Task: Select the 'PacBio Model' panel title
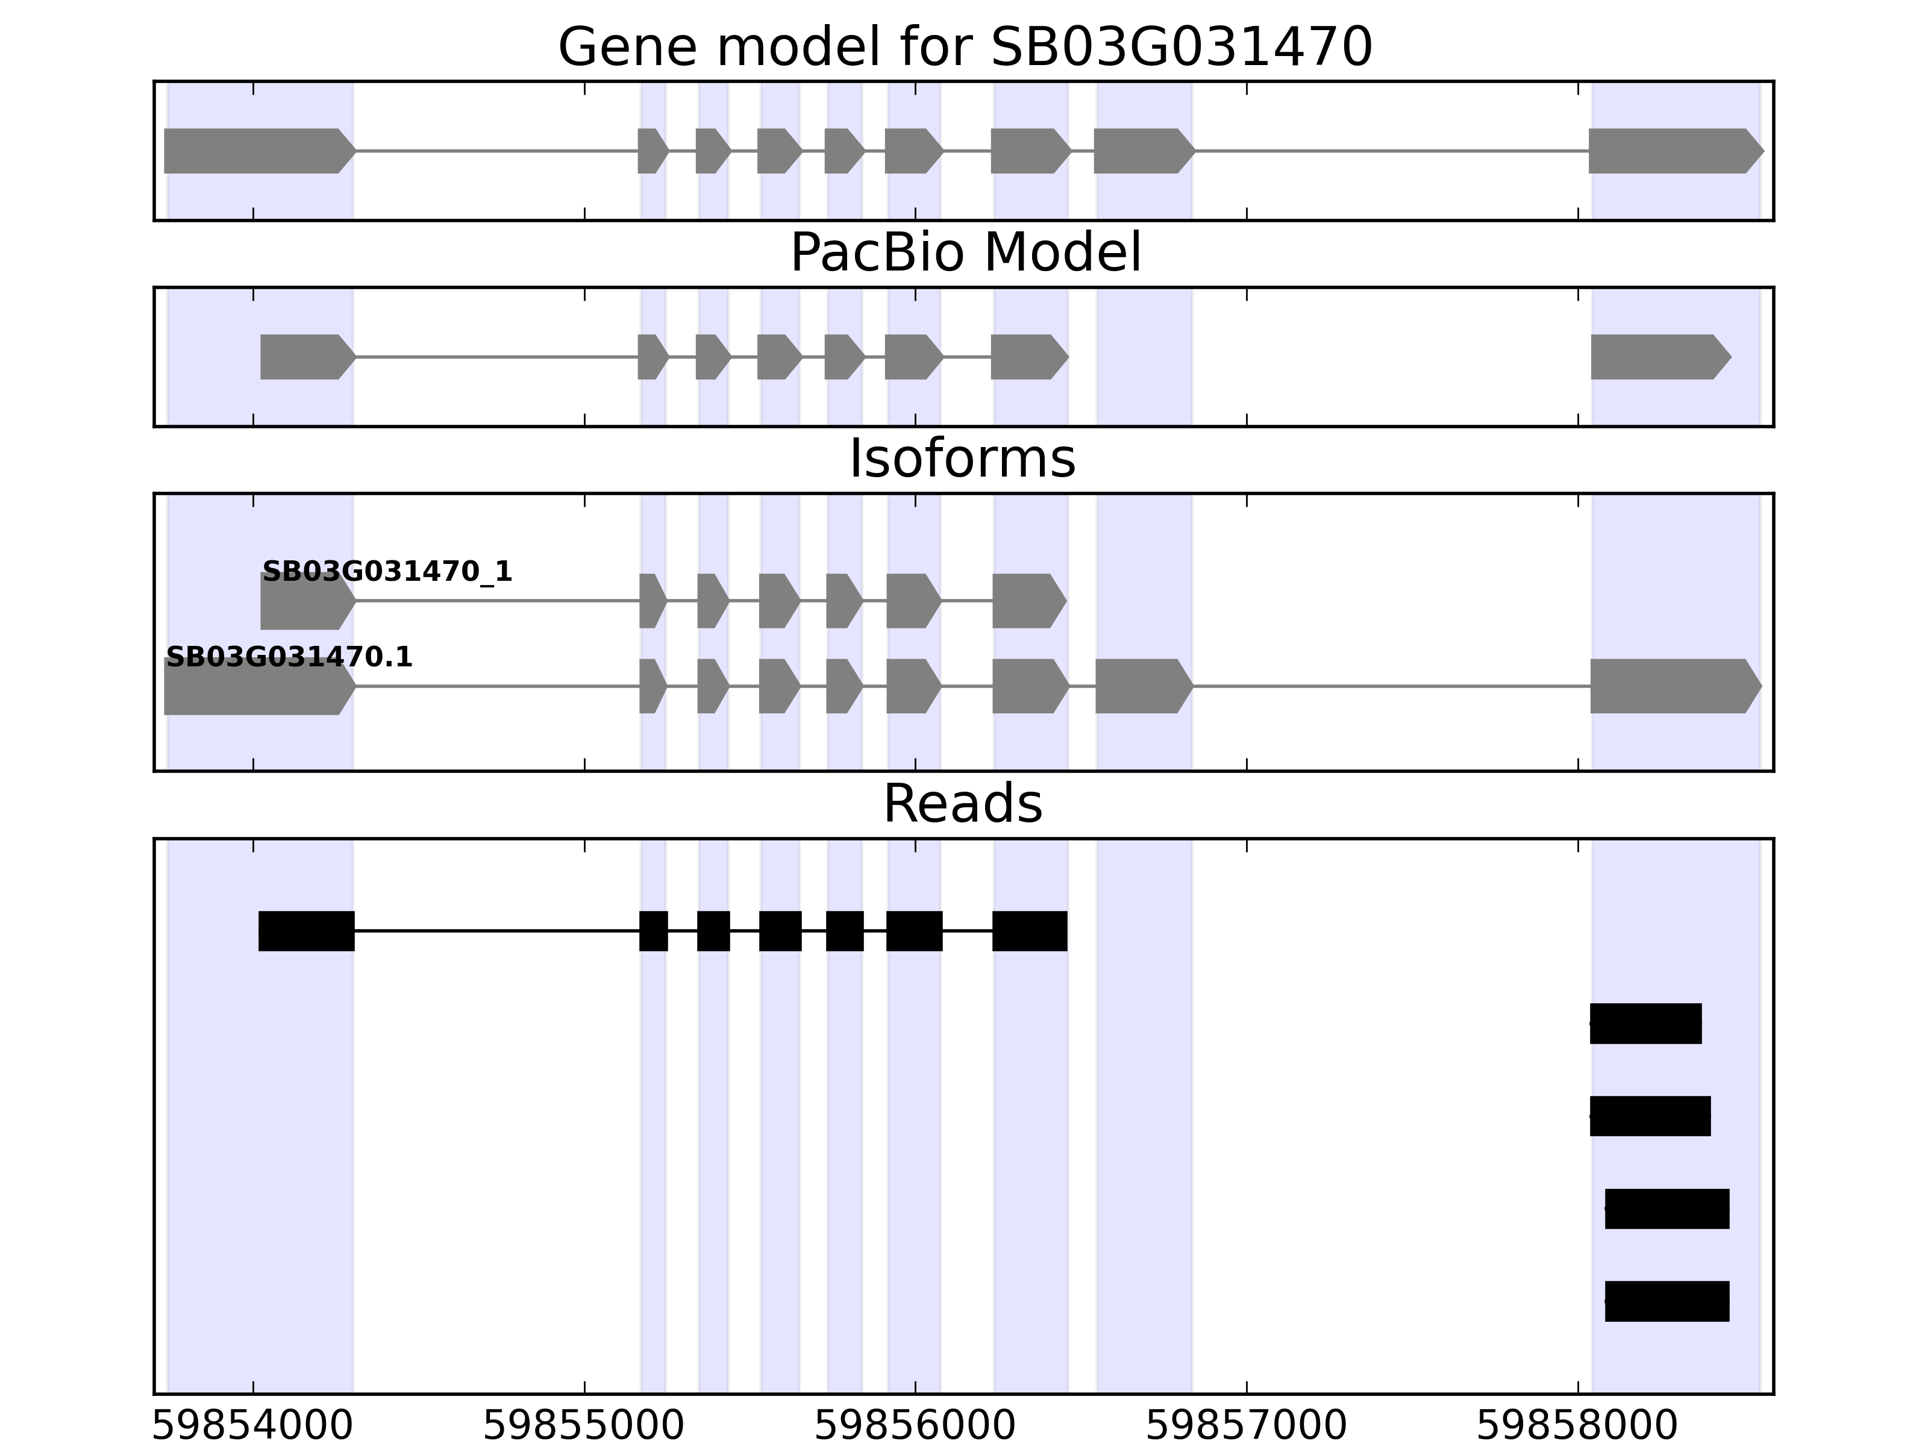(x=965, y=253)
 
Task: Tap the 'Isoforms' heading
(x=962, y=459)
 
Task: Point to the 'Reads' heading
(x=962, y=804)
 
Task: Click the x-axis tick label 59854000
(x=253, y=1427)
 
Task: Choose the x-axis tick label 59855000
(x=584, y=1427)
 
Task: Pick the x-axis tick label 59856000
(x=915, y=1427)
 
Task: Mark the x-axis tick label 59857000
(x=1247, y=1427)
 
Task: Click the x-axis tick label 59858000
(x=1577, y=1427)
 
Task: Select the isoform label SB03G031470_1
(x=387, y=572)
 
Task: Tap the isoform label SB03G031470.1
(x=289, y=657)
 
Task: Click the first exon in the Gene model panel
(x=257, y=151)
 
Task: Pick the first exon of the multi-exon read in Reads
(x=306, y=931)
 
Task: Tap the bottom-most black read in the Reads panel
(x=1667, y=1301)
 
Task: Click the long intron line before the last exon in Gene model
(x=1390, y=151)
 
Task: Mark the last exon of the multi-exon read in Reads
(x=1029, y=931)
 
